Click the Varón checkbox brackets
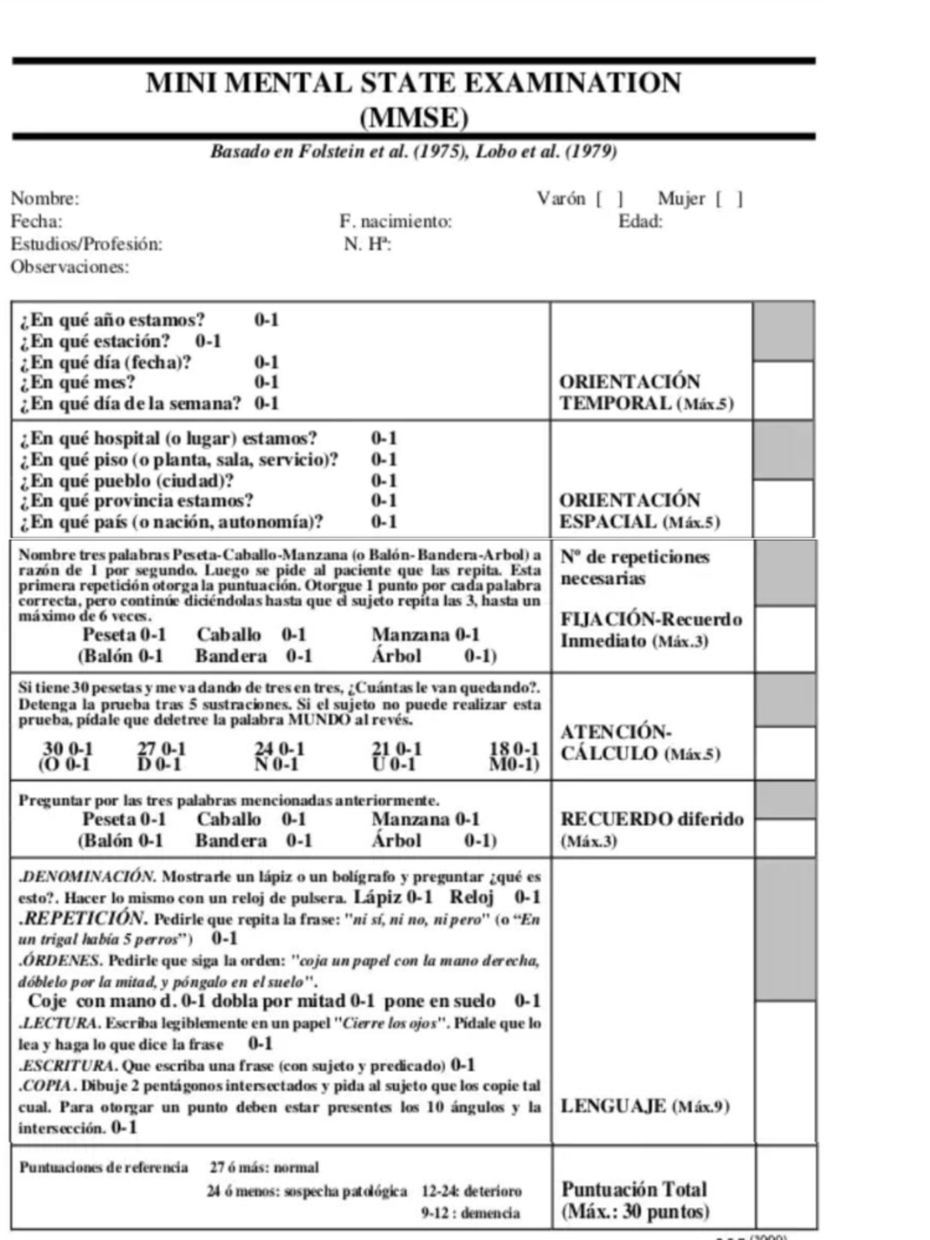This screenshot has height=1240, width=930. coord(609,199)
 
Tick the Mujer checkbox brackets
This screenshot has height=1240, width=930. coord(728,199)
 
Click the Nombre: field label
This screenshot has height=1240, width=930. coord(44,198)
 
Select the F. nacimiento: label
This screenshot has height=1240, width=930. coord(395,222)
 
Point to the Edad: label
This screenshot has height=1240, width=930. coord(640,222)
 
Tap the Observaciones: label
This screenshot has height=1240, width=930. coord(70,267)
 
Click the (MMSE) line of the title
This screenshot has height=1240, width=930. coord(414,118)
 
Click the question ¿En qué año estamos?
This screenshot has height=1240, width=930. coord(113,320)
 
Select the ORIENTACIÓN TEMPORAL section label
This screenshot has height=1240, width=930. coord(645,392)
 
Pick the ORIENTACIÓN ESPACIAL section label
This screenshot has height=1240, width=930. coord(639,511)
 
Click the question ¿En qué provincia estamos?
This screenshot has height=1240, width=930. coord(136,501)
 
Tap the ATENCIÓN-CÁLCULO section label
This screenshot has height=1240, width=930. coord(639,743)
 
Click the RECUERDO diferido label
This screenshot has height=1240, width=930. coord(651,819)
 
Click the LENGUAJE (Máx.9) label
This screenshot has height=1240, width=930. coord(645,1107)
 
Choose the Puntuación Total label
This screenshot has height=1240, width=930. coord(634,1190)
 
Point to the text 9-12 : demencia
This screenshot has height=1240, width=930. coord(470,1214)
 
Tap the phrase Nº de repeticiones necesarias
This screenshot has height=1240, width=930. coord(634,567)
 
